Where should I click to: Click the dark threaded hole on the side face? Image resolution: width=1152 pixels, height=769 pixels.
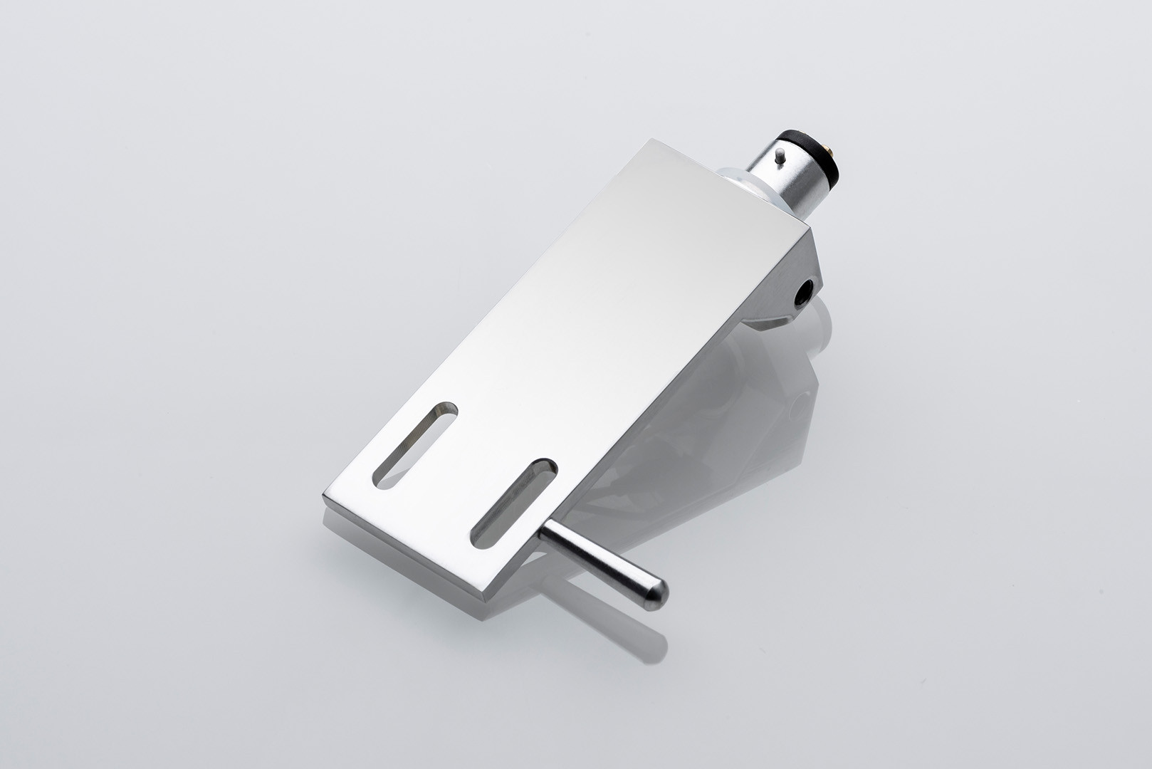coord(805,291)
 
